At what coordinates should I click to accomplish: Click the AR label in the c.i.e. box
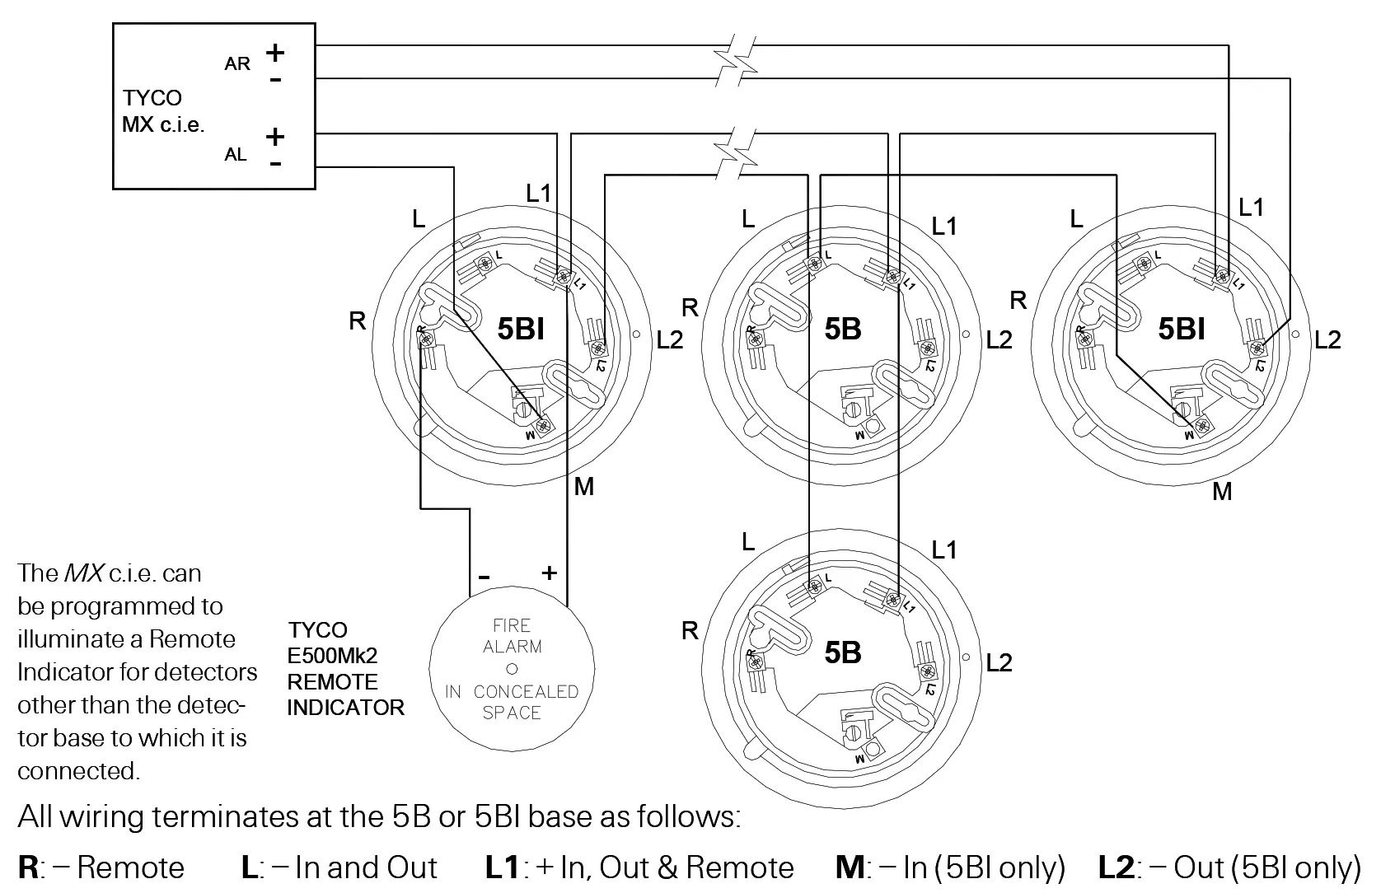(237, 63)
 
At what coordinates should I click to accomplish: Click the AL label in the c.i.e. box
(236, 154)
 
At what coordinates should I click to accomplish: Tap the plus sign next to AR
(275, 53)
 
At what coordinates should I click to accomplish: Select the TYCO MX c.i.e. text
(162, 111)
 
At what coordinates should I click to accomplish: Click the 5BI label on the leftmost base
(521, 329)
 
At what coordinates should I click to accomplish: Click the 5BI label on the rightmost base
(1182, 329)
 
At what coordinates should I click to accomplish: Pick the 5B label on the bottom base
(843, 652)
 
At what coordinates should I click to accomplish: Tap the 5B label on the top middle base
(843, 329)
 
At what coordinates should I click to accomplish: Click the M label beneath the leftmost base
(583, 487)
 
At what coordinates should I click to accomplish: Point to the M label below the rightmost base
(1222, 492)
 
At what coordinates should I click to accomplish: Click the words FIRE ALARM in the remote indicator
(512, 636)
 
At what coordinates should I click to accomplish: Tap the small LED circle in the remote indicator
(512, 669)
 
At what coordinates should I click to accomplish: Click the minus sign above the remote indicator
(484, 576)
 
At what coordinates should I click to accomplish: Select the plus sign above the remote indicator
(549, 573)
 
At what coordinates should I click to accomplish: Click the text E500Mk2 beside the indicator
(332, 656)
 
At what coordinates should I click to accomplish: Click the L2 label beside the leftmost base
(669, 339)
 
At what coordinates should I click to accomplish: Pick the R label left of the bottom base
(690, 631)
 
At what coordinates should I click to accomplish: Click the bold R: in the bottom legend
(30, 867)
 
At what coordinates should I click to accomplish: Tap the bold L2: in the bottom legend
(1118, 867)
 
